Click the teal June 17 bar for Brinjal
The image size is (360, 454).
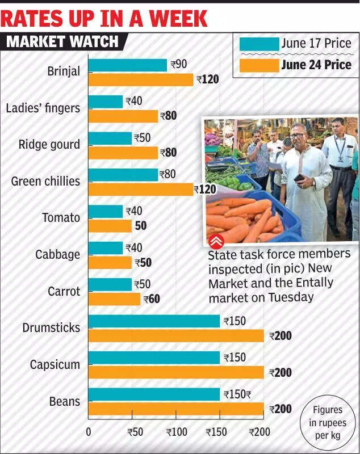[128, 65]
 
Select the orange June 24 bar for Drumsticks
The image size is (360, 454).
[176, 336]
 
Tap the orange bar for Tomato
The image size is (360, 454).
[110, 226]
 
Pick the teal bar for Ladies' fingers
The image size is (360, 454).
[106, 102]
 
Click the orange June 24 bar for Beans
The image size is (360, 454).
[176, 409]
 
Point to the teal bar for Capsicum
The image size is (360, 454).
[154, 358]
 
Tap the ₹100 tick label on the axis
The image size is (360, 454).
[177, 432]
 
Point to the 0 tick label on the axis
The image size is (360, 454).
[89, 432]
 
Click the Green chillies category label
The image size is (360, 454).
[46, 182]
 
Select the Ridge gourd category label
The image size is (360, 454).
[49, 145]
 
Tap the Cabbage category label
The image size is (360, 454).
[58, 255]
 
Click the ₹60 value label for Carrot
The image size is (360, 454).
[152, 299]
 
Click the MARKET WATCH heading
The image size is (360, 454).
[62, 41]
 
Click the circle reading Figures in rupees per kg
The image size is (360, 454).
[328, 423]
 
